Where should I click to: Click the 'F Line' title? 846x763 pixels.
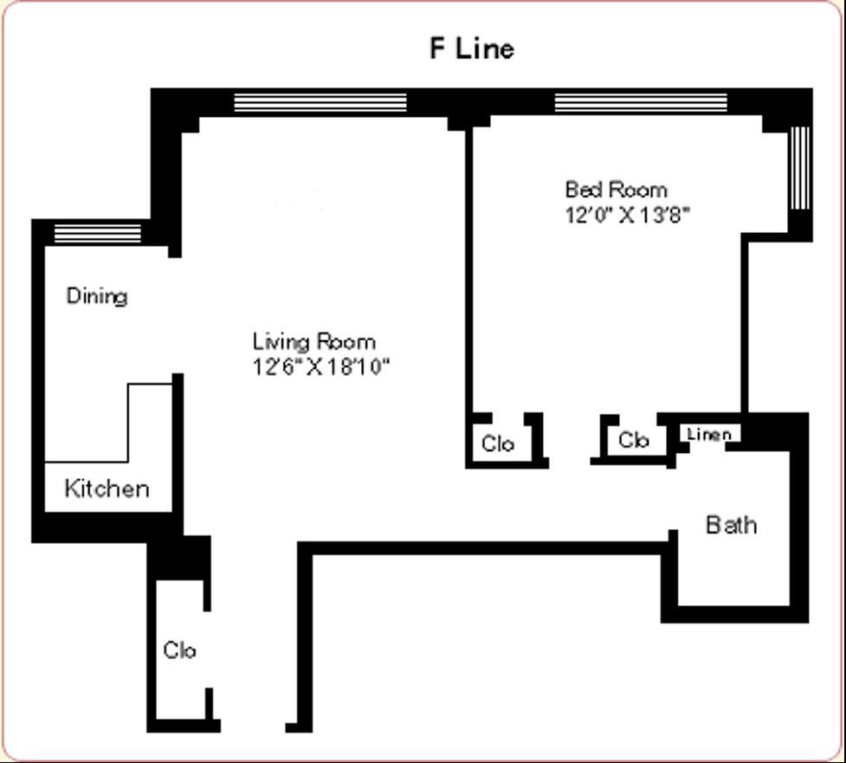(x=471, y=48)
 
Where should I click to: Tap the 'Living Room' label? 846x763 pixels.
(x=313, y=340)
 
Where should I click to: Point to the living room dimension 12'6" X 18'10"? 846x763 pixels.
(x=321, y=366)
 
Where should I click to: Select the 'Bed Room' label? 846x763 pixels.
(x=616, y=189)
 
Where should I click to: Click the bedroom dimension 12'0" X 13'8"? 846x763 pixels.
(x=627, y=215)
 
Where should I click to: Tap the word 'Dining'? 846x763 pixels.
(x=97, y=296)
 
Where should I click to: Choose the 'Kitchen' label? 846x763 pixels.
(x=107, y=488)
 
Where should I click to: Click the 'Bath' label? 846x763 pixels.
(x=731, y=525)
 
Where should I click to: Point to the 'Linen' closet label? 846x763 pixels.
(x=709, y=434)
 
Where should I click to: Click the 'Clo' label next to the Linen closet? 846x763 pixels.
(x=634, y=440)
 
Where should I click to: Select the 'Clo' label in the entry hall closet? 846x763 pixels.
(x=179, y=650)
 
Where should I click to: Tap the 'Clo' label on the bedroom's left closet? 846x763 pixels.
(x=498, y=443)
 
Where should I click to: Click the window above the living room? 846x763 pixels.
(x=320, y=102)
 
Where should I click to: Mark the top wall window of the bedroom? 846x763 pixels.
(x=640, y=102)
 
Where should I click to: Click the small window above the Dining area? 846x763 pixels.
(x=97, y=233)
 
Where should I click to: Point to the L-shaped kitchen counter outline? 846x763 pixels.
(x=129, y=424)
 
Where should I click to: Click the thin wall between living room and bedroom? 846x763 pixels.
(x=469, y=268)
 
